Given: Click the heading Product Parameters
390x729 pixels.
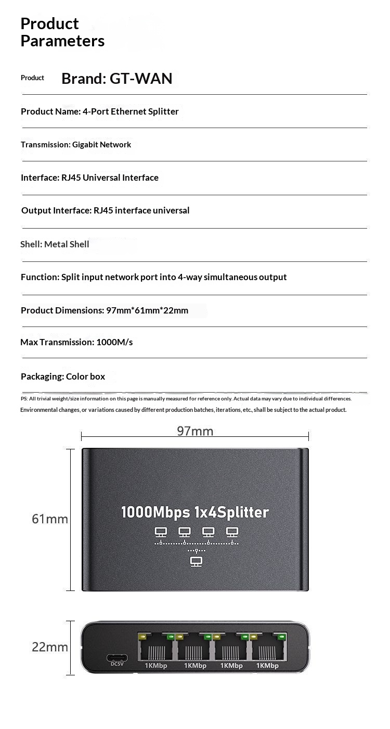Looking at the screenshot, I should click(62, 32).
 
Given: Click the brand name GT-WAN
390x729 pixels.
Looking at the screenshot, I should click(141, 79).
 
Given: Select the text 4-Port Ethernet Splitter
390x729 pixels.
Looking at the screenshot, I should click(131, 111).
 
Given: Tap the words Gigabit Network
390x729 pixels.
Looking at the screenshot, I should click(101, 145).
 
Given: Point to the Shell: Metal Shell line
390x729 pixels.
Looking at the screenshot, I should click(55, 244).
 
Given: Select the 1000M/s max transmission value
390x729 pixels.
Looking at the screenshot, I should click(114, 342).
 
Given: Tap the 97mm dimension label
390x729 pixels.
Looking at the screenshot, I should click(195, 431).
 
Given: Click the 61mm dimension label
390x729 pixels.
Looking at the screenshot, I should click(50, 519).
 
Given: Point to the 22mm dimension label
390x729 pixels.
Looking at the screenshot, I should click(50, 647).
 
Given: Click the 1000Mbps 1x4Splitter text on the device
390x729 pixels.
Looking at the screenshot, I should click(195, 512).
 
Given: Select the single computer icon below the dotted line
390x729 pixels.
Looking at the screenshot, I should click(196, 561).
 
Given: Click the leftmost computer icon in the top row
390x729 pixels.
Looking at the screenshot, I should click(161, 532).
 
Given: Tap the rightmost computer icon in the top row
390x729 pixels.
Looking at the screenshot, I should click(232, 532).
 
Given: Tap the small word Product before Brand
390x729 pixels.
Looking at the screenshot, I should click(32, 78).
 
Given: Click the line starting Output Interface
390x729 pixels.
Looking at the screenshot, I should click(106, 211).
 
